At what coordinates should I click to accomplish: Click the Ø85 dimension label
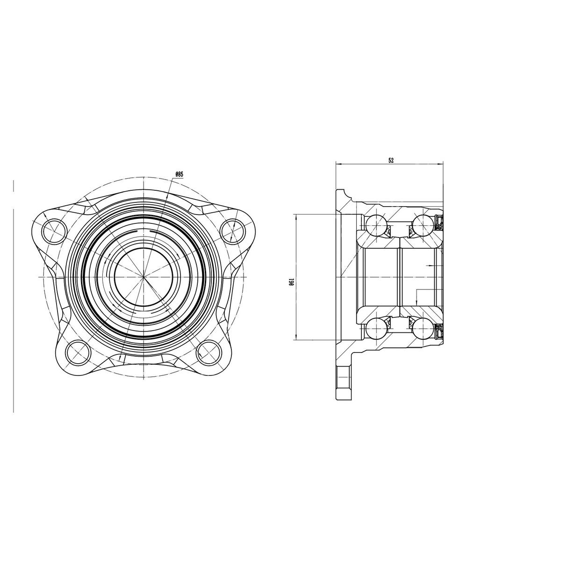(179, 174)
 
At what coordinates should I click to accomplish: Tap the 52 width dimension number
(391, 160)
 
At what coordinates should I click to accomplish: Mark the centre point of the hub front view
(144, 277)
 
